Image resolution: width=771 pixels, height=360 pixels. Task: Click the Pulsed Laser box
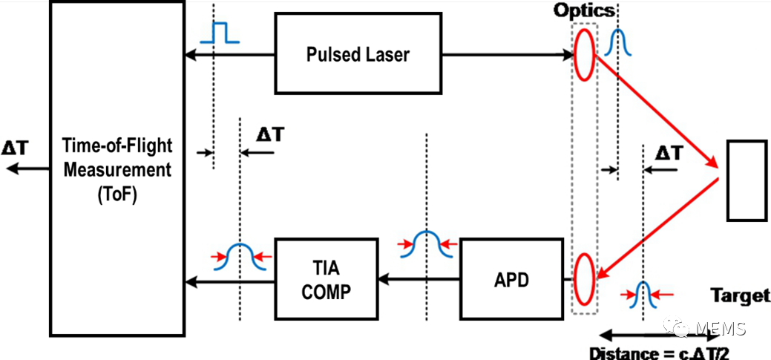358,55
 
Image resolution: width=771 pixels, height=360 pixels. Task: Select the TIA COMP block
327,280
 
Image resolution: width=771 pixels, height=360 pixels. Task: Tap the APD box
511,280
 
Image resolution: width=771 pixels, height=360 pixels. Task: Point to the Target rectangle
746,180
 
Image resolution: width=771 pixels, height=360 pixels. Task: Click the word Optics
584,10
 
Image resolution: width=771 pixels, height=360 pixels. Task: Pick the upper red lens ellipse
585,52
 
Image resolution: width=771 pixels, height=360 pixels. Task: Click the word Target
740,295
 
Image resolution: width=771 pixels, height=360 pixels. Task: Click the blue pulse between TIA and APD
427,244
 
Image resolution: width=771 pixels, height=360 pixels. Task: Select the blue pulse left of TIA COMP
240,256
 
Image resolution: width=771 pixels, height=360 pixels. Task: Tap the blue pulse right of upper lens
618,45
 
